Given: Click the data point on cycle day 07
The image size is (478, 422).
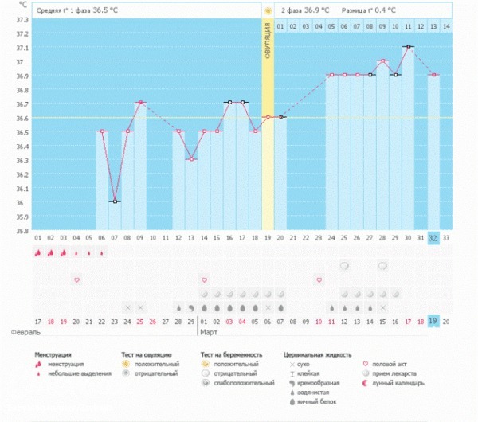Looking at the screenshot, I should [x=115, y=201].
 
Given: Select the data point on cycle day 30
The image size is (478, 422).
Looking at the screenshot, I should [x=408, y=46].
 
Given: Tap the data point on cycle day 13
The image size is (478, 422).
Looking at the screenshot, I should [x=191, y=159].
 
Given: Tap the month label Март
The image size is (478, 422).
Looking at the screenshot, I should [x=209, y=331].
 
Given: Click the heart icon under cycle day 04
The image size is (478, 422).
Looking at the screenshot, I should [x=76, y=279].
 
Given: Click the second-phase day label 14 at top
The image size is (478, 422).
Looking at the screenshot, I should [x=446, y=26].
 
